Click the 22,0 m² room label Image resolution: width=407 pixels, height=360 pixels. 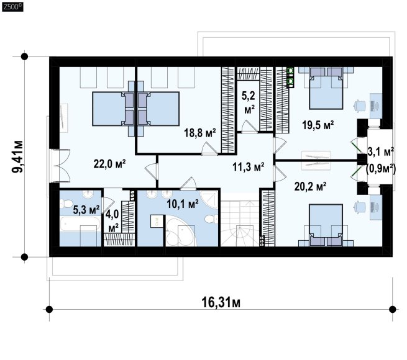(109, 164)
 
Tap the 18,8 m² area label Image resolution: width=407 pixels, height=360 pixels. (200, 133)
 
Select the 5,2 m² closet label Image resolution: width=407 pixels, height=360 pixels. (249, 102)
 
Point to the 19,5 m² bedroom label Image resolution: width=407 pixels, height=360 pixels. (318, 125)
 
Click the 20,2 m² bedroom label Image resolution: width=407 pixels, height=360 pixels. (310, 186)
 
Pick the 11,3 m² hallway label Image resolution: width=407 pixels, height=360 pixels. (249, 167)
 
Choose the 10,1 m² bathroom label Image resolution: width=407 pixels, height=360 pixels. (183, 204)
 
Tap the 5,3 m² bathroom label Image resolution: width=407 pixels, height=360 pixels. (86, 210)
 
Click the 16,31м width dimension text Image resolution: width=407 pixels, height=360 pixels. (221, 302)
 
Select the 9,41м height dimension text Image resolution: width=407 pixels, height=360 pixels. (17, 156)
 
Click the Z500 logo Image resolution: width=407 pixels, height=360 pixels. (12, 6)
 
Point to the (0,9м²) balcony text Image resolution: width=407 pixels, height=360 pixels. (380, 169)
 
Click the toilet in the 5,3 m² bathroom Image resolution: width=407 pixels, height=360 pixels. (66, 204)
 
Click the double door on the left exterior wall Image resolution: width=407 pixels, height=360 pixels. (60, 166)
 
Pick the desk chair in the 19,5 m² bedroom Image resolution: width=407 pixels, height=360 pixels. (360, 106)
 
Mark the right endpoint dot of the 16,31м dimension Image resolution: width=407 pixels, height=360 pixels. (393, 309)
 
